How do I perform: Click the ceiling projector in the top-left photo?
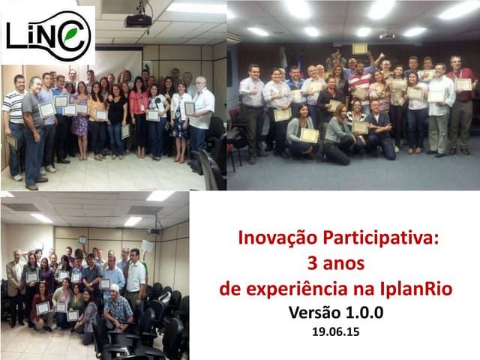tap(138, 19)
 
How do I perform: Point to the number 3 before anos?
tap(312, 263)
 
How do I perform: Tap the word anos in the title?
tap(345, 263)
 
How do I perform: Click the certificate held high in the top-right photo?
tap(361, 49)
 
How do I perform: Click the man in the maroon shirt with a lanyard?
tap(460, 97)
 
